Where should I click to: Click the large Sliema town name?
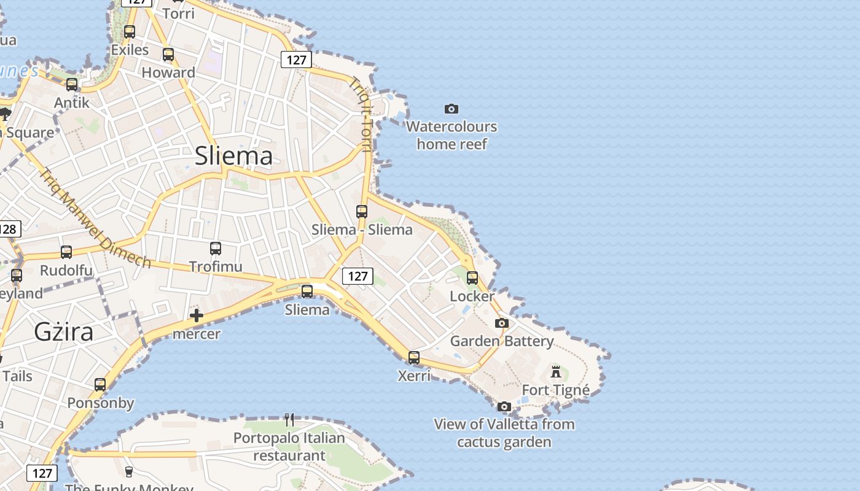tap(233, 156)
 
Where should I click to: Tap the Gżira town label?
tap(64, 332)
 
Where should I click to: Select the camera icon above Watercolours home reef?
tap(451, 109)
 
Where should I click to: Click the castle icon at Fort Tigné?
tap(556, 371)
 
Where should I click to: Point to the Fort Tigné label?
tap(555, 390)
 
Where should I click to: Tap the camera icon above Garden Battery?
tap(502, 323)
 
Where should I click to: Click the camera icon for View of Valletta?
tap(504, 406)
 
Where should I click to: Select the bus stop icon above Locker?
tap(472, 278)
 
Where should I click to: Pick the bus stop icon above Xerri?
tap(414, 357)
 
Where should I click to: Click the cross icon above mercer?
tap(197, 315)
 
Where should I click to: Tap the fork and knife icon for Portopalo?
tap(289, 420)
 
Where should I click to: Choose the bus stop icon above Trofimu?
tap(216, 249)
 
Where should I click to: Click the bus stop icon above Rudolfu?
tap(66, 252)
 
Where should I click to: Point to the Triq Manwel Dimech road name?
tap(95, 218)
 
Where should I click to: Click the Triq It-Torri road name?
tap(362, 114)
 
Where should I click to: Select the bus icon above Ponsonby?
tap(100, 385)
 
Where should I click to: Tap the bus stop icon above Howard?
tap(168, 55)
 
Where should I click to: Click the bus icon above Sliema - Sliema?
tap(362, 212)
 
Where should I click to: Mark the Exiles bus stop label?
tap(130, 50)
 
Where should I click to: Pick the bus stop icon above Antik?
tap(72, 85)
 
